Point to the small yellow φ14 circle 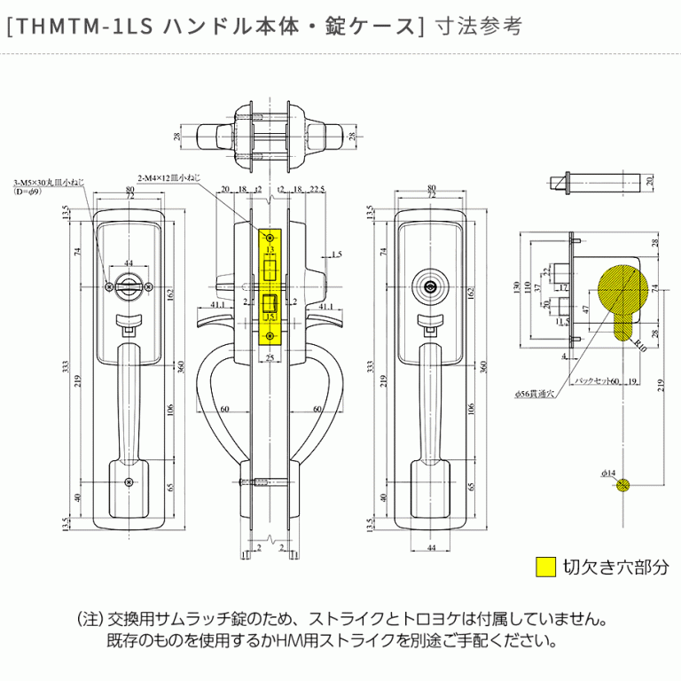tap(624, 485)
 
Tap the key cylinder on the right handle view tap(432, 286)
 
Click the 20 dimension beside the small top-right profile tap(649, 181)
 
